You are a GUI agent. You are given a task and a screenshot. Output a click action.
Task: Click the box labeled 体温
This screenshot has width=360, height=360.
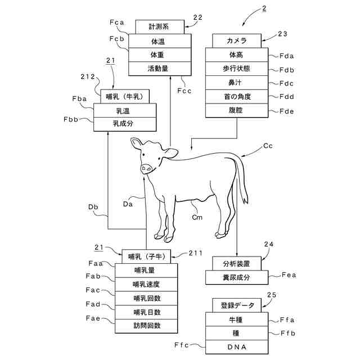pyautogui.click(x=160, y=41)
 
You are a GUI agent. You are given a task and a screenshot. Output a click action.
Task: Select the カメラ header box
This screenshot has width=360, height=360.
pyautogui.click(x=237, y=41)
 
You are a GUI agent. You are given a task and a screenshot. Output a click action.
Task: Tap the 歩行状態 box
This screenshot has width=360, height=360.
pyautogui.click(x=237, y=69)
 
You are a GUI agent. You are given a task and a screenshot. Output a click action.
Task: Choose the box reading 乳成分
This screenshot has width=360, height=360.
pyautogui.click(x=125, y=124)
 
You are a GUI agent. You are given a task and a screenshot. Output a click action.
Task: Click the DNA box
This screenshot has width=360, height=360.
pyautogui.click(x=237, y=347)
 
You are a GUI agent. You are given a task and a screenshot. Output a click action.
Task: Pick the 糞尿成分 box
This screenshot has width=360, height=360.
pyautogui.click(x=237, y=277)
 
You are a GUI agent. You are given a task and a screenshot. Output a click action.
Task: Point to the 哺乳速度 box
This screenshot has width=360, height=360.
pyautogui.click(x=146, y=285)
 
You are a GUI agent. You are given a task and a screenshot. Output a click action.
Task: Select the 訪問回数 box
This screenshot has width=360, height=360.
pyautogui.click(x=146, y=326)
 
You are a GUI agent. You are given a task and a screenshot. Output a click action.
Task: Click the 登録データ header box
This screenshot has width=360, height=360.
pyautogui.click(x=237, y=305)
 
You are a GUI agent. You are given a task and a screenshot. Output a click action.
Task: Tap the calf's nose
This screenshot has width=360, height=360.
pyautogui.click(x=146, y=169)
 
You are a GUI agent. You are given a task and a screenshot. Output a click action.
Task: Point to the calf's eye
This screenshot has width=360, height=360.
pyautogui.click(x=143, y=155)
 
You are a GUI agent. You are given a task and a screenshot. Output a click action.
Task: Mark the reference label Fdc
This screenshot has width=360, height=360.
pyautogui.click(x=286, y=83)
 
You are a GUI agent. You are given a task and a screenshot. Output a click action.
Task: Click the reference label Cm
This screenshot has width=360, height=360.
pyautogui.click(x=197, y=217)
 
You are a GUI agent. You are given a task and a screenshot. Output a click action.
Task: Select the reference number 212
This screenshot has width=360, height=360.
pyautogui.click(x=88, y=76)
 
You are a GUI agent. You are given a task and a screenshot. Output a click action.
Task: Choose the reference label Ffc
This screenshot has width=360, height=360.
pyautogui.click(x=181, y=345)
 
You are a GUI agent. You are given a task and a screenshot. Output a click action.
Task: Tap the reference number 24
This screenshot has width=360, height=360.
pyautogui.click(x=269, y=244)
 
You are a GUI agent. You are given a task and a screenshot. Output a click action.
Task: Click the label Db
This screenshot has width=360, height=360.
pyautogui.click(x=93, y=207)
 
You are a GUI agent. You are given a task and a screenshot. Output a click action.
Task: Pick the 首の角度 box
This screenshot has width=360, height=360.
pyautogui.click(x=237, y=97)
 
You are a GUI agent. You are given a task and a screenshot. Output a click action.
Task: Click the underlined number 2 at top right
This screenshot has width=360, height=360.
pyautogui.click(x=264, y=8)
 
